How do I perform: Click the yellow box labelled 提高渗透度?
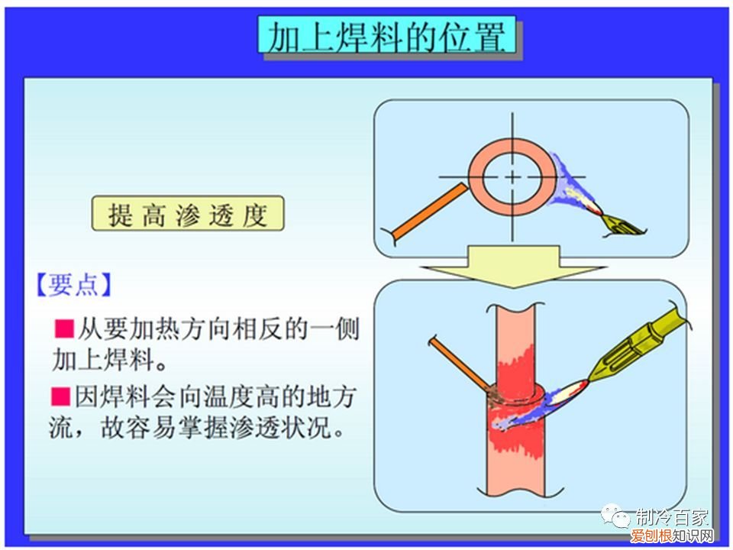click(x=188, y=215)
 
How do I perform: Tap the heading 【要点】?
click(x=74, y=285)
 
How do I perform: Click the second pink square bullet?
click(x=60, y=396)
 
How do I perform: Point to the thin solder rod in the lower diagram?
click(x=459, y=362)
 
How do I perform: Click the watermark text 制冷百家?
click(x=672, y=516)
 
